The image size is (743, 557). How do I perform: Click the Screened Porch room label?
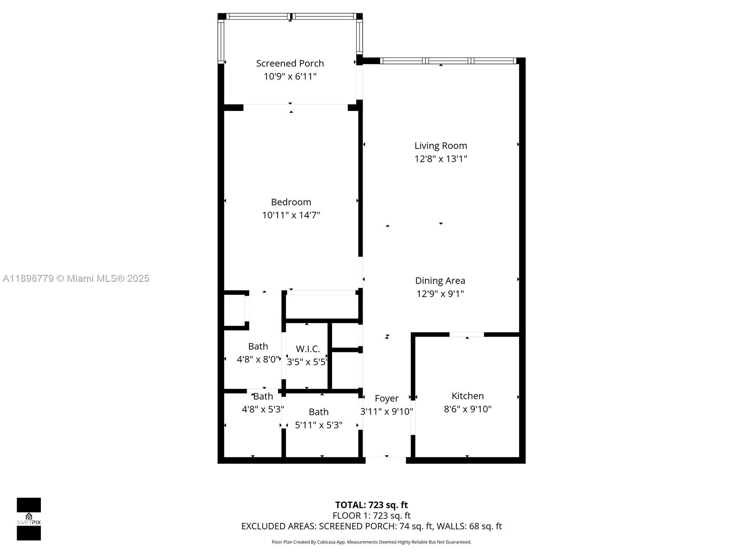coord(290,63)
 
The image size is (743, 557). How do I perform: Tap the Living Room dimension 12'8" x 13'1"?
coord(441,159)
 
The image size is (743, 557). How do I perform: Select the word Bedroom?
coord(291,202)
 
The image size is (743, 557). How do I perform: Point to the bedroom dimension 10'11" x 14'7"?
coord(291,215)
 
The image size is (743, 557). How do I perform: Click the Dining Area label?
coord(440,280)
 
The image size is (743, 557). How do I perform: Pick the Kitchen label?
coord(468,396)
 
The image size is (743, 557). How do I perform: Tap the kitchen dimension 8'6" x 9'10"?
coord(468,409)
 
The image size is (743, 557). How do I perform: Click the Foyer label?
coord(386,398)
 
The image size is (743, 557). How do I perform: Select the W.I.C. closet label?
coord(308,349)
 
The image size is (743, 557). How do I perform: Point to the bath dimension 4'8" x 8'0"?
coord(258,359)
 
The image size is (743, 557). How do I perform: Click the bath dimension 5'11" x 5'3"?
coord(319,425)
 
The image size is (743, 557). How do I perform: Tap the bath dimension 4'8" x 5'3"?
coord(263,409)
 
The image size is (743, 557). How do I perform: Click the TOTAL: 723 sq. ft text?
coord(371,505)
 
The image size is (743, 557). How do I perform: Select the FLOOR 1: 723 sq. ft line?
coord(371,516)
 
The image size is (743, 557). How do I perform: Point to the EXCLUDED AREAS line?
coord(371,526)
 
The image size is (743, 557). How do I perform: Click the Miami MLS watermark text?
coord(76,278)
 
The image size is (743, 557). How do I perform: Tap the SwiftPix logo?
coord(29,519)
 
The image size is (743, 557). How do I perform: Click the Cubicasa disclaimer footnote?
coord(371,542)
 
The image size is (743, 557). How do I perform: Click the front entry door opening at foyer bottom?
coord(386,460)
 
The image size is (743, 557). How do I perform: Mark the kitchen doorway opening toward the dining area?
coord(467,335)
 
